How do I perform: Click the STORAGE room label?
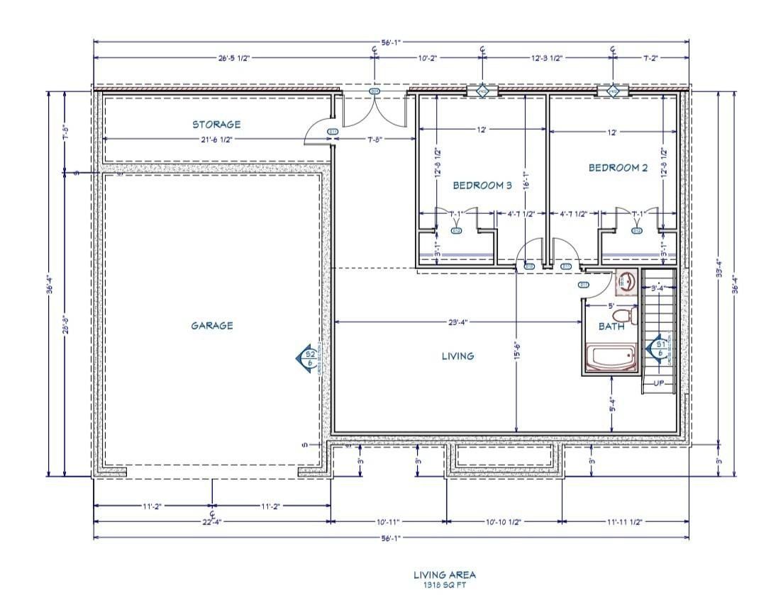point(216,124)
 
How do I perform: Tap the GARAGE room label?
point(211,326)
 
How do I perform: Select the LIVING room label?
point(457,356)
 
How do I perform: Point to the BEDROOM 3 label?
point(482,186)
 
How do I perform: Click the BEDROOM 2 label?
point(618,168)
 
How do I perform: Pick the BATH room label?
point(611,327)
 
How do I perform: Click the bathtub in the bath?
point(611,357)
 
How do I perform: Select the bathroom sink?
point(626,282)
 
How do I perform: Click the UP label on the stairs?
point(658,382)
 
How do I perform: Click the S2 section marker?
point(309,358)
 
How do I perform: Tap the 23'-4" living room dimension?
point(457,322)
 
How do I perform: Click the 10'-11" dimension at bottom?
point(388,522)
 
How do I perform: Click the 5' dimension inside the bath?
point(612,305)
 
